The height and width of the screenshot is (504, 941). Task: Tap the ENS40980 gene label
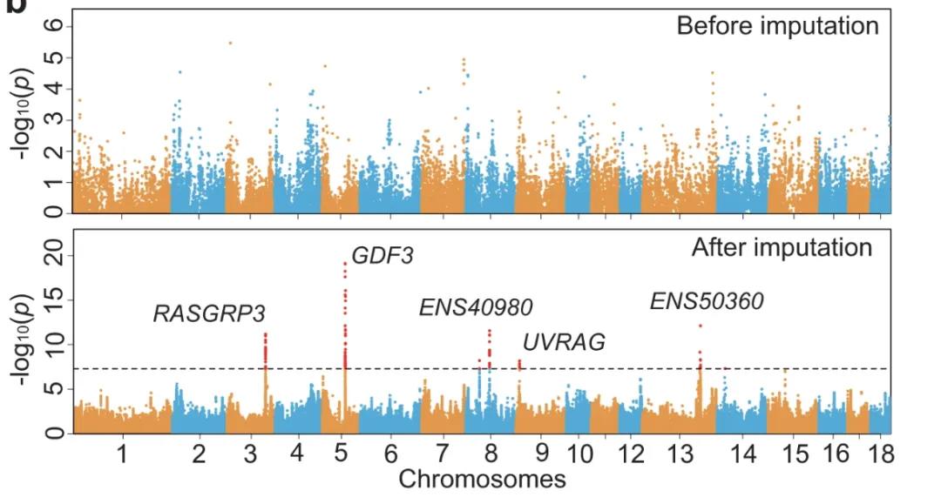click(476, 306)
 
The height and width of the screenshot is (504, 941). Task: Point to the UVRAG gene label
click(565, 342)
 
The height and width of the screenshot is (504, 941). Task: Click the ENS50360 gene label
click(707, 301)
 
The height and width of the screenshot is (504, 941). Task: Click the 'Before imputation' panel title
click(777, 26)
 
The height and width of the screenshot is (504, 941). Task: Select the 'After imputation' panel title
click(782, 248)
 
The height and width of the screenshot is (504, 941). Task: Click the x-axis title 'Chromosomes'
click(482, 479)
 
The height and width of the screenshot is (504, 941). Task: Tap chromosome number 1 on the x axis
click(122, 454)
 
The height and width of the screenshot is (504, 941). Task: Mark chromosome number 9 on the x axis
click(541, 454)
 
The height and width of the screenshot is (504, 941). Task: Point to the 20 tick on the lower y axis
click(54, 255)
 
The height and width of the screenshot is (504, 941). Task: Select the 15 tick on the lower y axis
click(54, 300)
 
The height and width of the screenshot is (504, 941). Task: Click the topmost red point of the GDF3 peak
click(345, 263)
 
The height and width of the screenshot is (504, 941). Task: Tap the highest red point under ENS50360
click(700, 326)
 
